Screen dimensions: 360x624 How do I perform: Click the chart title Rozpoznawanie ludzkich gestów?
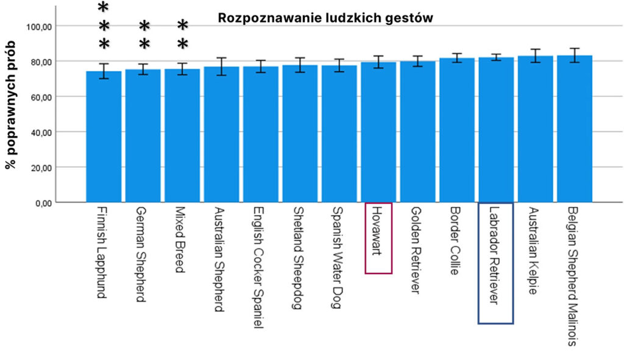[x=325, y=18]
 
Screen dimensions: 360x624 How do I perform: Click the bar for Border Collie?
[x=457, y=131]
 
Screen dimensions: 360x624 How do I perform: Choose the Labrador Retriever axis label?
[x=495, y=263]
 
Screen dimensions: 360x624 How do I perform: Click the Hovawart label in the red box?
[x=378, y=238]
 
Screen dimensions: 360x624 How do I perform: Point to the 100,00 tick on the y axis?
[x=40, y=26]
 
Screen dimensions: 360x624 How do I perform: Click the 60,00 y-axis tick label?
[x=40, y=97]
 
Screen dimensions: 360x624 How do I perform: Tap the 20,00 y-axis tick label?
[x=40, y=168]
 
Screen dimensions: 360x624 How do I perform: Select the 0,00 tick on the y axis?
[x=43, y=203]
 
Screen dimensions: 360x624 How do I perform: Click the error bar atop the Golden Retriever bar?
[x=417, y=61]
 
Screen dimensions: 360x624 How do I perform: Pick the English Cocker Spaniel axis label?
[x=260, y=267]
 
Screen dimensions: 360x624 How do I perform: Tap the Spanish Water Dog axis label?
[x=339, y=257]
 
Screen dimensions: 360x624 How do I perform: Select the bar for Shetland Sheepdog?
[x=300, y=134]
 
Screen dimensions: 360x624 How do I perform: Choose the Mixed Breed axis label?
[x=182, y=239]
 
